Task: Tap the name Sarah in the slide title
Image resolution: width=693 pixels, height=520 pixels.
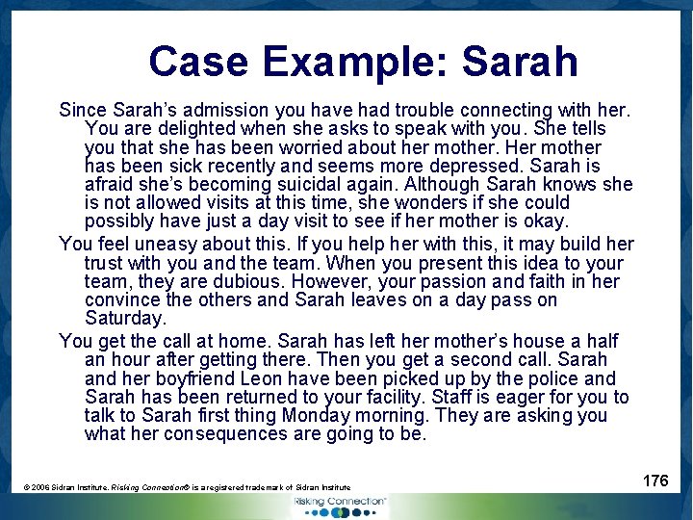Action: click(520, 62)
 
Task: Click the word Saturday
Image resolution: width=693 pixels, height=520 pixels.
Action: click(125, 319)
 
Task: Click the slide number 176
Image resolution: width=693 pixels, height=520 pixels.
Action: click(654, 481)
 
